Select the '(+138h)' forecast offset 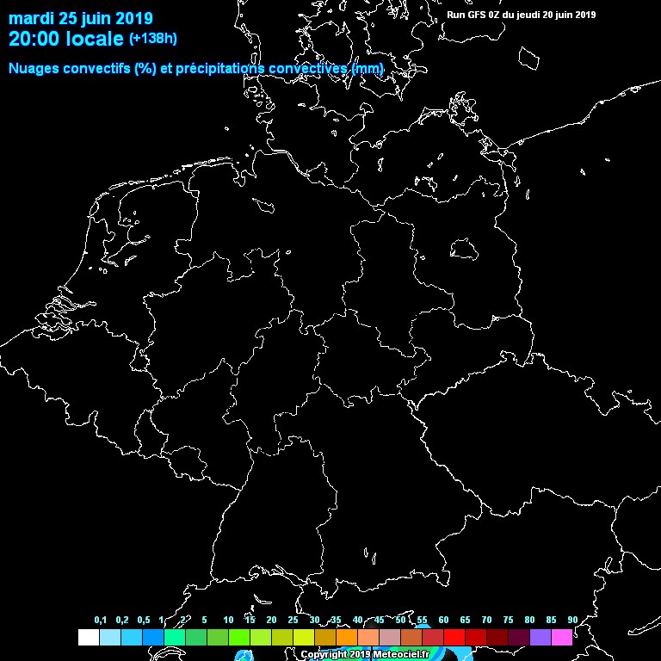point(154,39)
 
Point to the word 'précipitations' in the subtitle point(219,68)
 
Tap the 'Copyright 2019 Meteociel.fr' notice point(364,654)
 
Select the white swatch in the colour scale point(88,637)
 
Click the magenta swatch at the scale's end point(562,637)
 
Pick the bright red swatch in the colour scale point(454,637)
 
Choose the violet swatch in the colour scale point(541,637)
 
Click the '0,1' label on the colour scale point(101,620)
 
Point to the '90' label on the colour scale point(572,620)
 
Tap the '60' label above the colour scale point(443,620)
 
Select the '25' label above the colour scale point(293,620)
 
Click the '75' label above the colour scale point(508,620)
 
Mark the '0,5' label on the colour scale point(143,620)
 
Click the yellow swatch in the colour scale point(304,637)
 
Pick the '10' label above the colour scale point(228,620)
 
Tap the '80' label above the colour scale point(529,620)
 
